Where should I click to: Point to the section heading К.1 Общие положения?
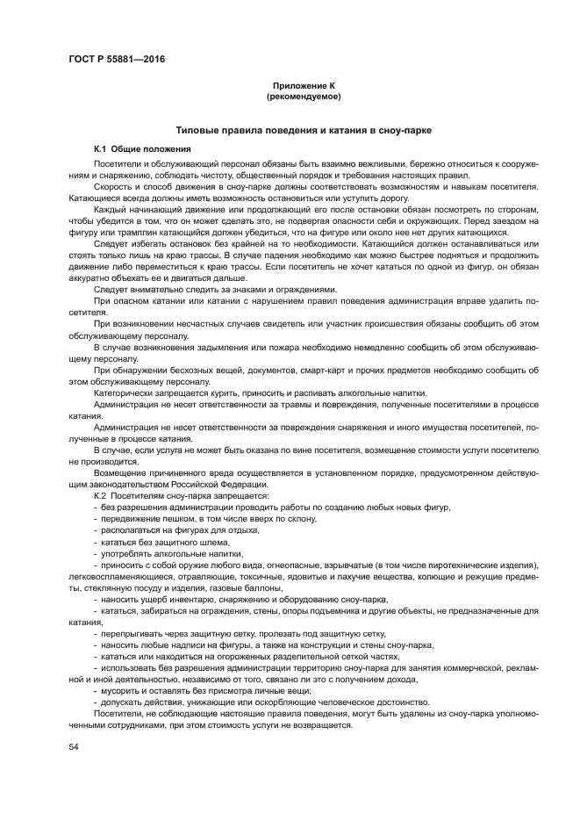pyautogui.click(x=142, y=149)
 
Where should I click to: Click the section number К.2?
pyautogui.click(x=100, y=496)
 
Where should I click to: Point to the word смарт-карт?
pyautogui.click(x=318, y=371)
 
